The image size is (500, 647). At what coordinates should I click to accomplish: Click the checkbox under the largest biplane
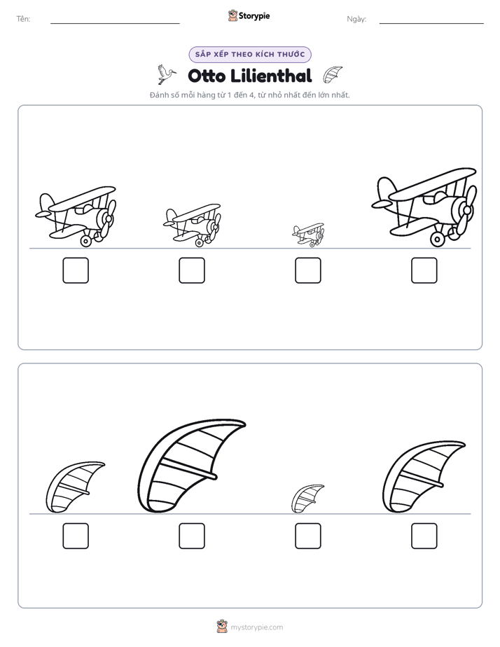pyautogui.click(x=424, y=270)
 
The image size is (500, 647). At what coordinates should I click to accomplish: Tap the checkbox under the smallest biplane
pyautogui.click(x=307, y=270)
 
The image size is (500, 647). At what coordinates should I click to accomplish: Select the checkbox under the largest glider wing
pyautogui.click(x=192, y=536)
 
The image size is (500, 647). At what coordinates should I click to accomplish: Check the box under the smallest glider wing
pyautogui.click(x=307, y=536)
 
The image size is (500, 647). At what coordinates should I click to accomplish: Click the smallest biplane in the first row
pyautogui.click(x=309, y=235)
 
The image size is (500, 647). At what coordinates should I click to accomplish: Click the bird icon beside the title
pyautogui.click(x=166, y=74)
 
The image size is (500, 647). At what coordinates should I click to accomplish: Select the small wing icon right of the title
pyautogui.click(x=333, y=75)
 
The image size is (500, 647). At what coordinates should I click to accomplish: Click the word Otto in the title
pyautogui.click(x=207, y=76)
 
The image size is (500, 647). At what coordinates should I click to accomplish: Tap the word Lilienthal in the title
pyautogui.click(x=271, y=76)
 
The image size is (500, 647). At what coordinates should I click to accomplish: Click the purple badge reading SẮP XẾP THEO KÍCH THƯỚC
pyautogui.click(x=250, y=55)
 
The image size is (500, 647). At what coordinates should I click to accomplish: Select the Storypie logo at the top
pyautogui.click(x=249, y=16)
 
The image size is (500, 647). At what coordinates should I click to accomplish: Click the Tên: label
pyautogui.click(x=23, y=19)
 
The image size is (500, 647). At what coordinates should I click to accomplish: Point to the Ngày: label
pyautogui.click(x=356, y=19)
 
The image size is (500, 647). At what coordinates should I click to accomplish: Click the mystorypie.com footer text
pyautogui.click(x=256, y=627)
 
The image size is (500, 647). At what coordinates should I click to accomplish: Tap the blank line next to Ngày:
pyautogui.click(x=431, y=24)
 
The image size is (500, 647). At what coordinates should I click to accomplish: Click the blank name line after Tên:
pyautogui.click(x=115, y=24)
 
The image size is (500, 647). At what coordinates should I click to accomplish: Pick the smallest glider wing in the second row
pyautogui.click(x=307, y=499)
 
